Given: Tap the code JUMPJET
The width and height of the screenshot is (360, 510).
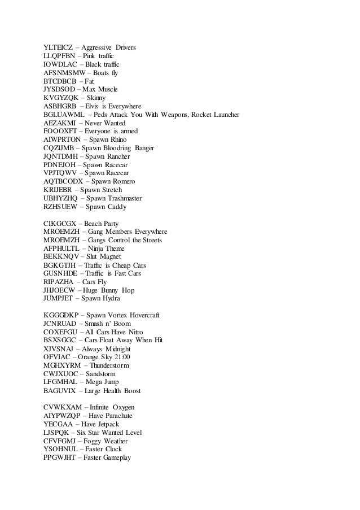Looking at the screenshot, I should click(x=59, y=298).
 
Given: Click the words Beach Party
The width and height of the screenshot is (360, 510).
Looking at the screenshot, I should click(x=105, y=224).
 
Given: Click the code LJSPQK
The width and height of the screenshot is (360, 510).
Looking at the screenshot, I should click(x=57, y=433).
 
